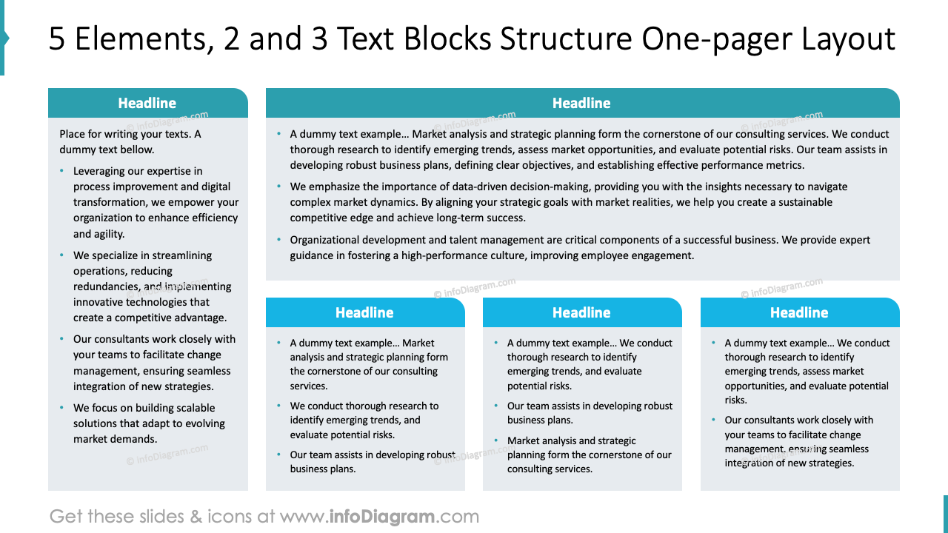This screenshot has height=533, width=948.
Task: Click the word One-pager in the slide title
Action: (x=702, y=39)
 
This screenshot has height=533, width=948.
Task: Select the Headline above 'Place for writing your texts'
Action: (x=147, y=103)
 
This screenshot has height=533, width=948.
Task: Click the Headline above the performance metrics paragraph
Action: (x=581, y=103)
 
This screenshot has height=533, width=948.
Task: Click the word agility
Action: (x=109, y=234)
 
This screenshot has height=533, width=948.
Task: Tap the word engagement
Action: (x=666, y=255)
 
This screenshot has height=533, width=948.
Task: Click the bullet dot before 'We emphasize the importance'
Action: (x=279, y=187)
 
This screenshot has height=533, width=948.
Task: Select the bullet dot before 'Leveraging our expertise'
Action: (x=62, y=171)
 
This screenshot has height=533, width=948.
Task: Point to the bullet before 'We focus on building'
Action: (x=62, y=408)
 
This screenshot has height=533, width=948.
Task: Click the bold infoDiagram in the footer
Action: (x=381, y=516)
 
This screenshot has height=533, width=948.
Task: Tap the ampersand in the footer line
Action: (x=196, y=516)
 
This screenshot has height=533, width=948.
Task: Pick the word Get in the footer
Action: (x=66, y=516)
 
